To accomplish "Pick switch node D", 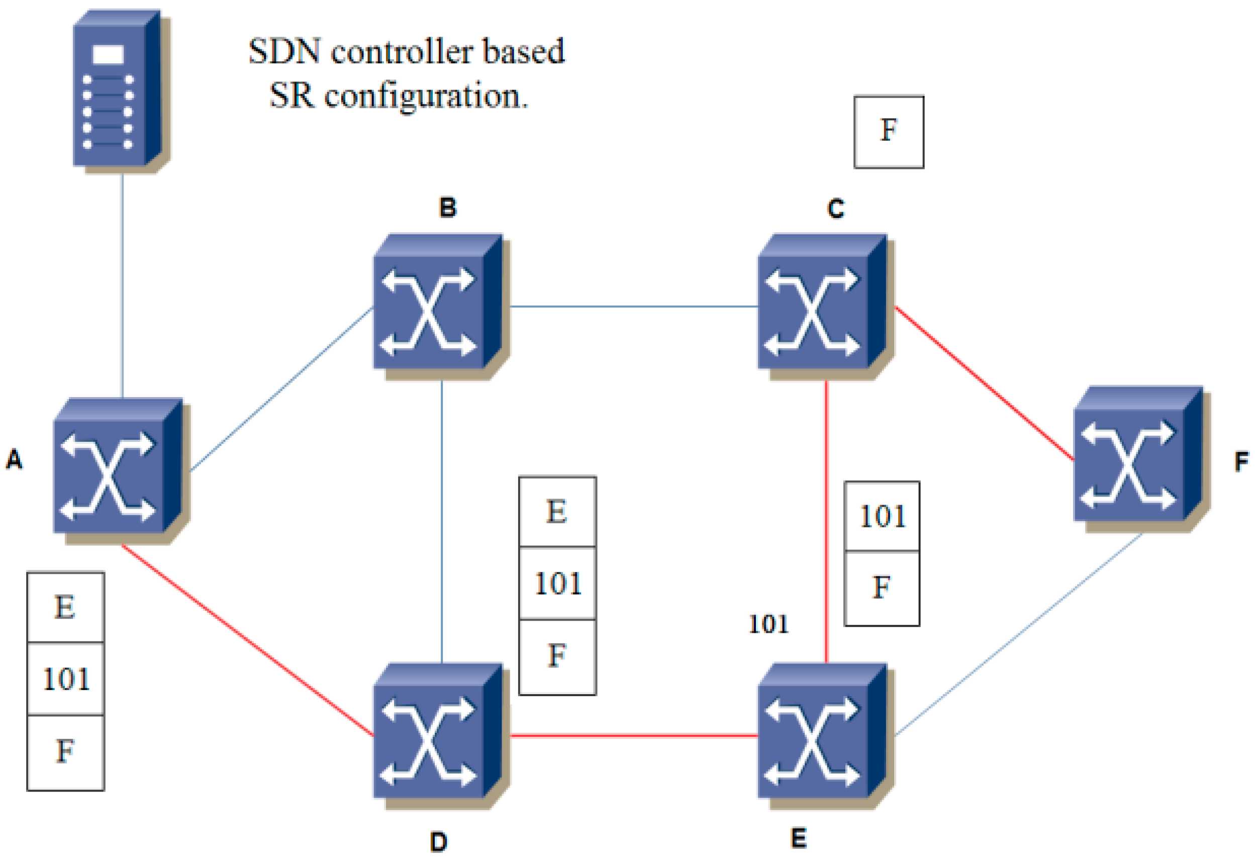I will point(436,733).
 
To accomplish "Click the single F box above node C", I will point(889,132).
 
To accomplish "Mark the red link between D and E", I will point(633,735).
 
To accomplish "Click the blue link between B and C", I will point(633,307).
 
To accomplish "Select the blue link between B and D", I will point(442,520).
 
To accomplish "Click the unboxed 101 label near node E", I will point(768,625).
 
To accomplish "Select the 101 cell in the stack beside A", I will point(65,679).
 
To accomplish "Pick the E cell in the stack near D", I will point(557,512).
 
